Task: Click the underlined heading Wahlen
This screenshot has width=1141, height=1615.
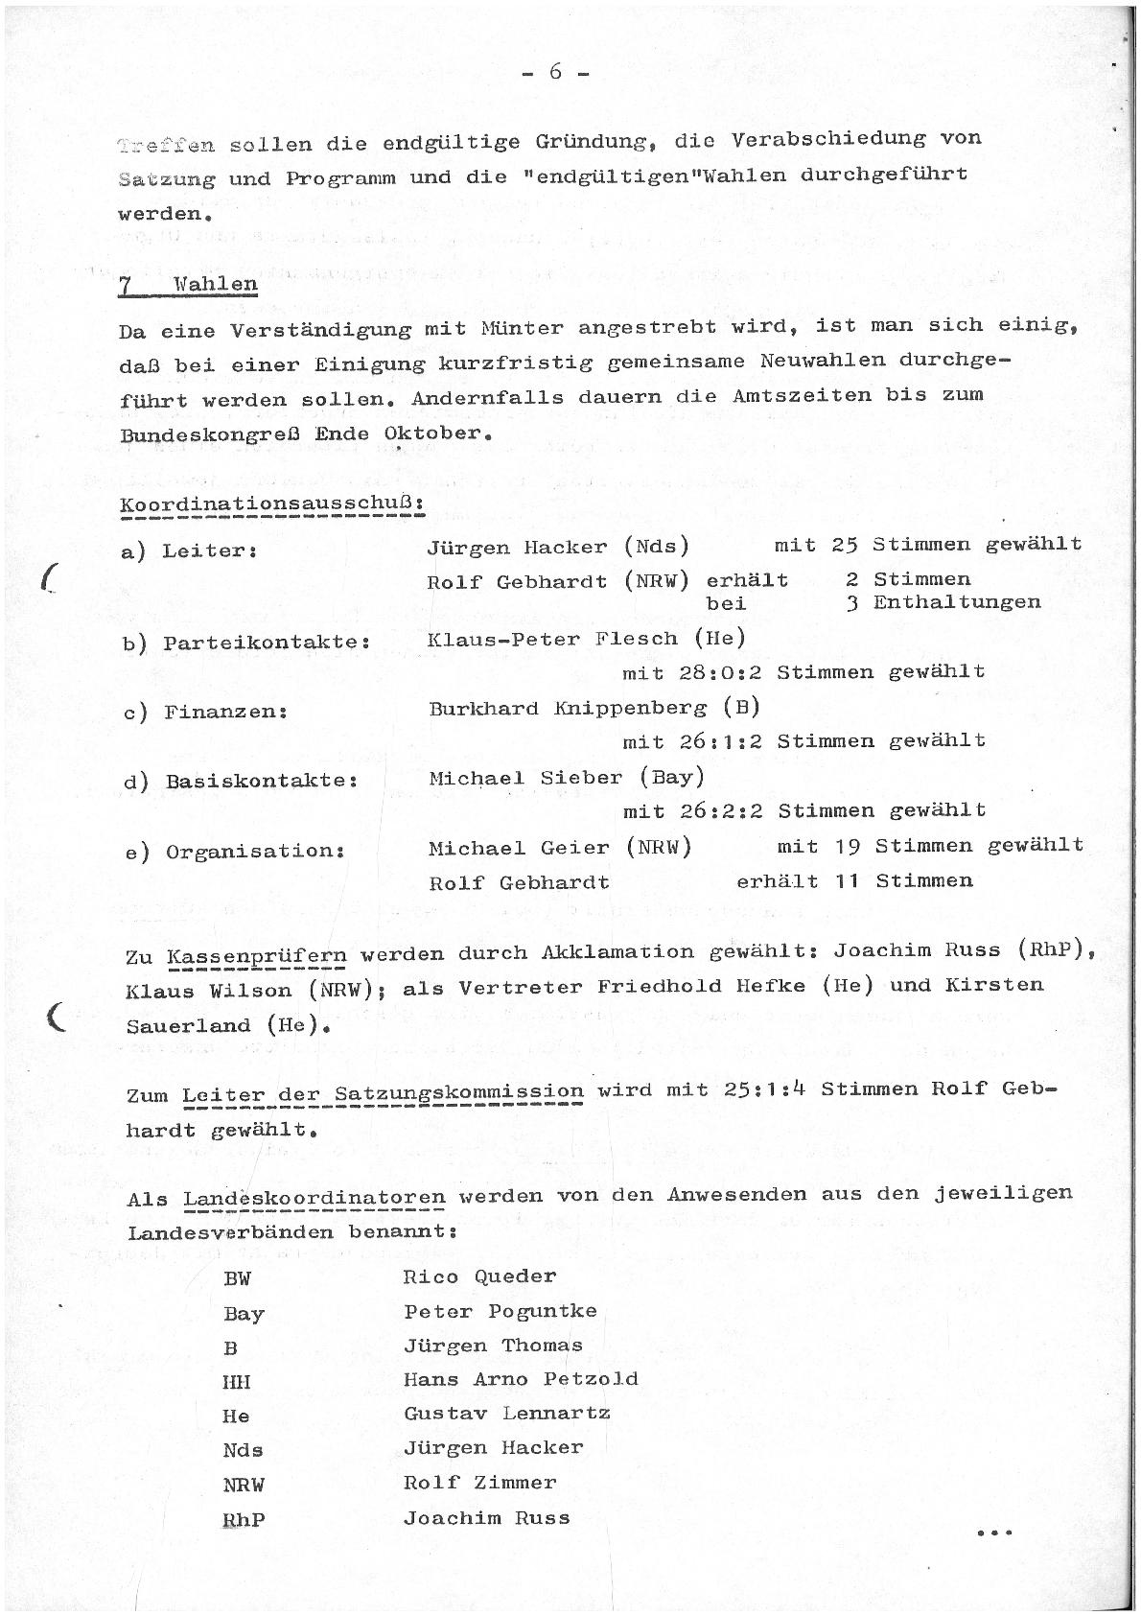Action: [x=216, y=285]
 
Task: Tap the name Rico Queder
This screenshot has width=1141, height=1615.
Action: [x=479, y=1276]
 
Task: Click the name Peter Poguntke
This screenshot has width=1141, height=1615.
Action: [x=500, y=1311]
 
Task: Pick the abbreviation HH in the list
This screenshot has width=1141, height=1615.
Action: [x=237, y=1382]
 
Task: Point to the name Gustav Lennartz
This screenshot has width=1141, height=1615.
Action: [x=506, y=1414]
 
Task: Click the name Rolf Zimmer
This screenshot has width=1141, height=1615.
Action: [x=479, y=1483]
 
